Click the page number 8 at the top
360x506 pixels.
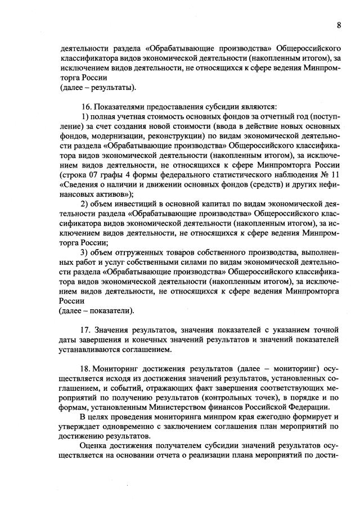click(x=339, y=25)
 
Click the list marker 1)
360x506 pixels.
click(x=85, y=116)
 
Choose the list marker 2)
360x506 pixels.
click(x=85, y=204)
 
